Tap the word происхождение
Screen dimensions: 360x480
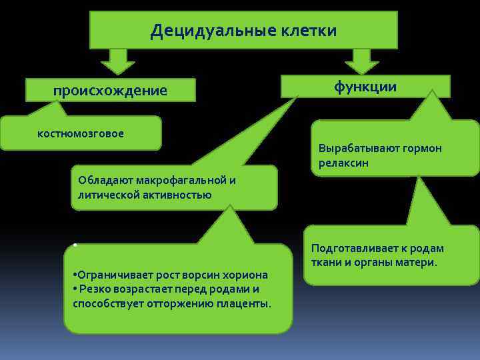click(x=110, y=90)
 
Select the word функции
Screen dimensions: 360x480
click(x=365, y=87)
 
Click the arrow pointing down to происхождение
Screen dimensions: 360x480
click(x=117, y=61)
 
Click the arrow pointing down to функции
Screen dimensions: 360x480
click(x=361, y=61)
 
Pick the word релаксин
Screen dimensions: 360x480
click(x=343, y=163)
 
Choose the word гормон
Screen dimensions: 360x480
click(x=422, y=148)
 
